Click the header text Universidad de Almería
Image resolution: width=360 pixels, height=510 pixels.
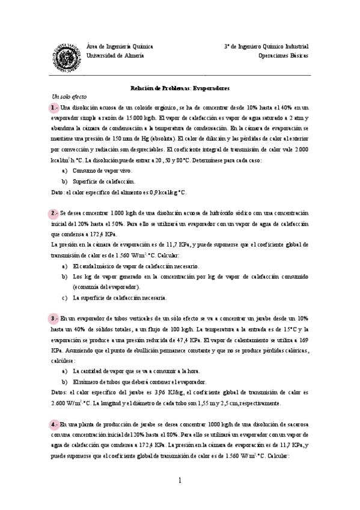coord(115,55)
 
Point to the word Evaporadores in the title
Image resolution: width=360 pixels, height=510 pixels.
coord(211,88)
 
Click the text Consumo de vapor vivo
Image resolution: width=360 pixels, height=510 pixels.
coord(99,171)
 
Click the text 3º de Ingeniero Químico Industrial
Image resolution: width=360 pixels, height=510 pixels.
coord(266,46)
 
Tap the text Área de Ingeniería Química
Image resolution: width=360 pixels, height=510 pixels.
coord(120,46)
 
